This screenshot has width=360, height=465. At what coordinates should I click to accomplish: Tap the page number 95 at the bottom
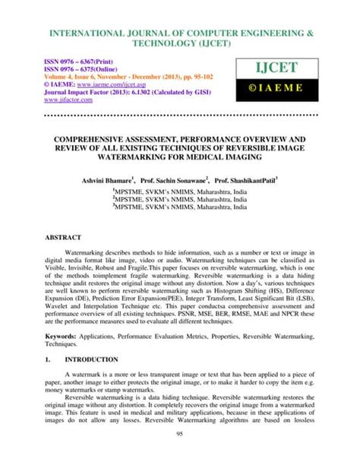click(180, 454)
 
